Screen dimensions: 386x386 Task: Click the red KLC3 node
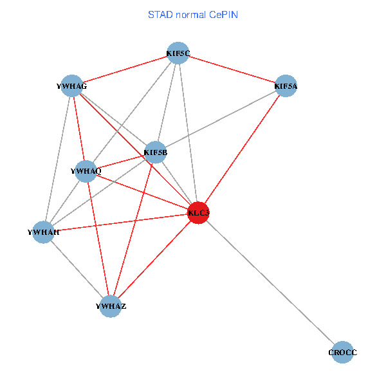(x=198, y=212)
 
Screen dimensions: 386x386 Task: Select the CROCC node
(x=342, y=353)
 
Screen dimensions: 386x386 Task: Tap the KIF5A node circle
(x=286, y=86)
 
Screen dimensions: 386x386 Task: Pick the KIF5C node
(x=178, y=53)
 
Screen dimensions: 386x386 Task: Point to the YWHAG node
(x=71, y=86)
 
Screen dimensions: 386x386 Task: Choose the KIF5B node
(x=156, y=152)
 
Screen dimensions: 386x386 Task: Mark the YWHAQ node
(x=86, y=171)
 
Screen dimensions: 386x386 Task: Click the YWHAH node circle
(x=44, y=232)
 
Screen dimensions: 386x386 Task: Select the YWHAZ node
(x=111, y=306)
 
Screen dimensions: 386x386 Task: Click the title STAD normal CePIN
(x=193, y=14)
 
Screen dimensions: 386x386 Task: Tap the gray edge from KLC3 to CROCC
(x=270, y=282)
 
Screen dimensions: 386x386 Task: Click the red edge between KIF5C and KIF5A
(x=232, y=69)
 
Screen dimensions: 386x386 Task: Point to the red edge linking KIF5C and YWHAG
(x=125, y=69)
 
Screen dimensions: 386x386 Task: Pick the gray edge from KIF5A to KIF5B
(x=221, y=119)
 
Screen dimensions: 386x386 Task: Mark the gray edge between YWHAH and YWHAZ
(x=77, y=269)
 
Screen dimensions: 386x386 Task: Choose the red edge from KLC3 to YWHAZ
(x=154, y=259)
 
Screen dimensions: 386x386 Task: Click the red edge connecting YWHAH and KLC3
(x=121, y=222)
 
